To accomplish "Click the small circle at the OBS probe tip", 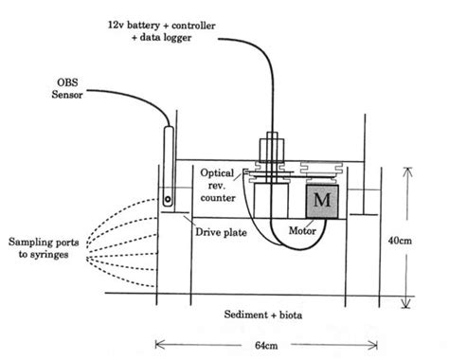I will pyautogui.click(x=167, y=200).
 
